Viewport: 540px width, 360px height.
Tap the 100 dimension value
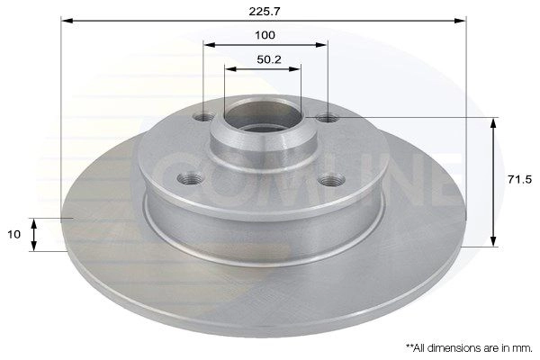265,35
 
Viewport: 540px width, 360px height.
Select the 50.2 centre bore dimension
269,59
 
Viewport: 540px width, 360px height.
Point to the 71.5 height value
519,179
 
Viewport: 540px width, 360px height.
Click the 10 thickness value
14,235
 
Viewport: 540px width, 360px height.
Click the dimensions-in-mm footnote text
469,348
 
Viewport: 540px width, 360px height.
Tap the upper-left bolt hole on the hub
203,118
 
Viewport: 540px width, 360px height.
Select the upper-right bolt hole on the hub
328,119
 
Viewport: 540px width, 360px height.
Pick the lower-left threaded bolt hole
190,178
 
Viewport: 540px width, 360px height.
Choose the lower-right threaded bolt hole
331,180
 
